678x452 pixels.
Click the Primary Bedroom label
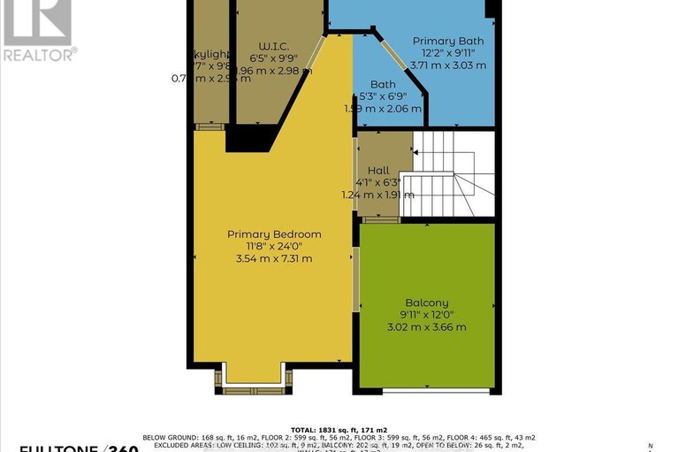tap(274, 234)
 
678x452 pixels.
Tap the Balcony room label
tap(426, 303)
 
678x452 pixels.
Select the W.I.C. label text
tap(276, 46)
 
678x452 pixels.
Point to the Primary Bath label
tap(447, 41)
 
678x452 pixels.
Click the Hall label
tap(378, 170)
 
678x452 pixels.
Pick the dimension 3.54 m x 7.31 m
tap(274, 259)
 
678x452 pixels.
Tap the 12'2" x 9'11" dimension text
tap(447, 52)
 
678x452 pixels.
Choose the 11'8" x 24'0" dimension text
tap(274, 247)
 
